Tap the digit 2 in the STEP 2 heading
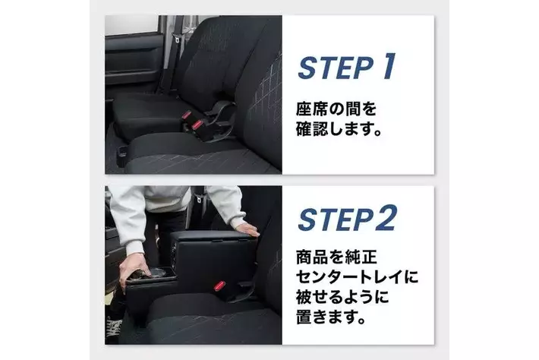[386, 218]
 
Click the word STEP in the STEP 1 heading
[336, 68]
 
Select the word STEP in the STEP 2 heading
[336, 219]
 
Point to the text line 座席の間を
[336, 109]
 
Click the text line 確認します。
[339, 129]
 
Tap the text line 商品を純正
[336, 257]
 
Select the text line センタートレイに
[357, 276]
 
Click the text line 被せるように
[342, 297]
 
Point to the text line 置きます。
[331, 317]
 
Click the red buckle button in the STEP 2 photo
[219, 286]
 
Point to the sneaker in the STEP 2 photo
[114, 327]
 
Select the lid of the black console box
[213, 236]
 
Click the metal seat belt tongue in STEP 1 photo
[178, 40]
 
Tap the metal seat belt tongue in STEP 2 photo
[198, 198]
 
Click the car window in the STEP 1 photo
[131, 25]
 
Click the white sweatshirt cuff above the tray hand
[135, 248]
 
